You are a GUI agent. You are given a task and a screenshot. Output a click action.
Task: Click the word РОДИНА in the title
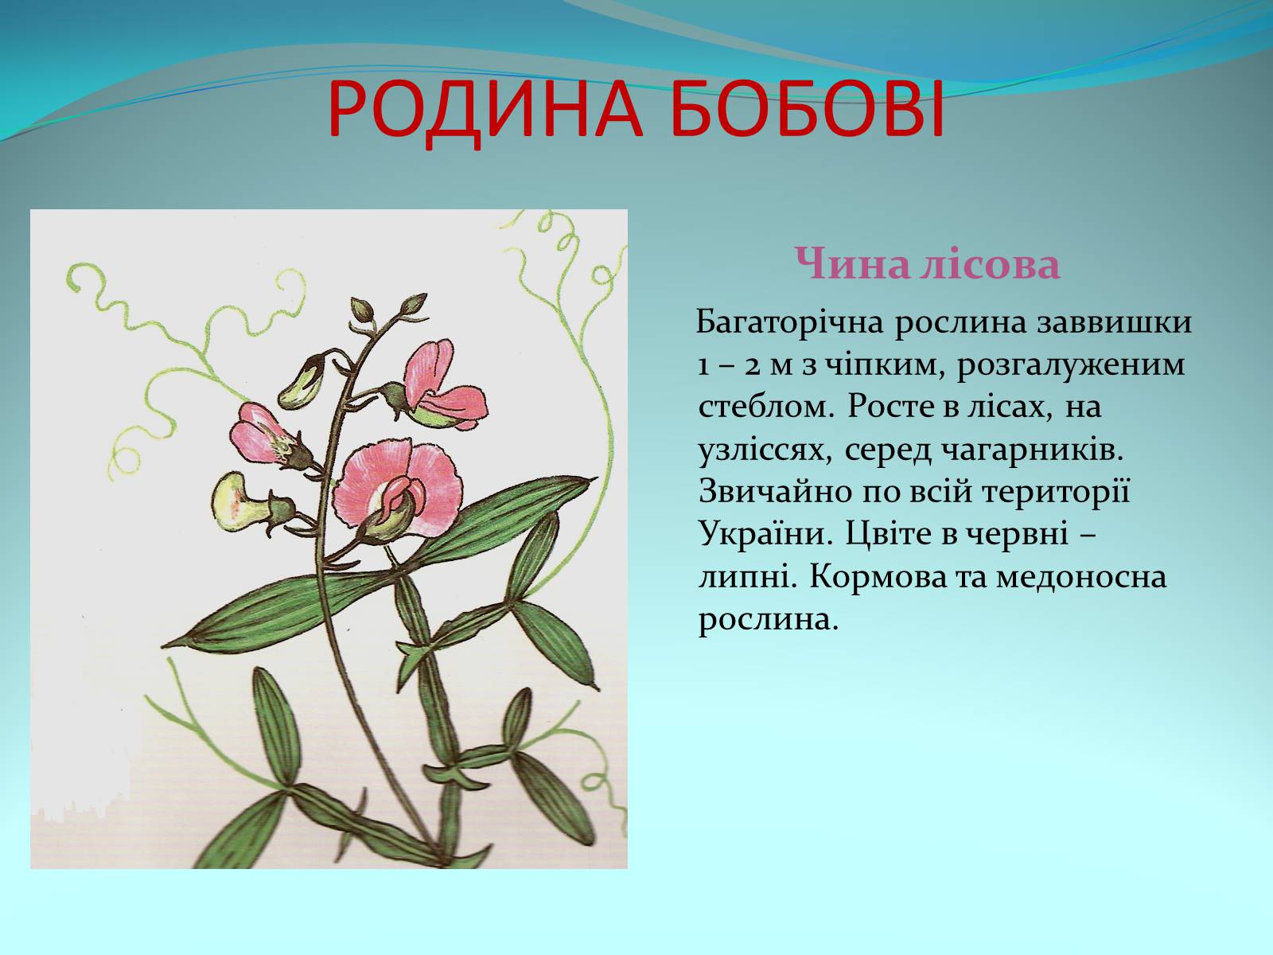point(485,116)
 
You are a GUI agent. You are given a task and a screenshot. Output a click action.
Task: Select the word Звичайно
point(775,493)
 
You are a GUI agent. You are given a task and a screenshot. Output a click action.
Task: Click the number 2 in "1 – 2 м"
point(753,366)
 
